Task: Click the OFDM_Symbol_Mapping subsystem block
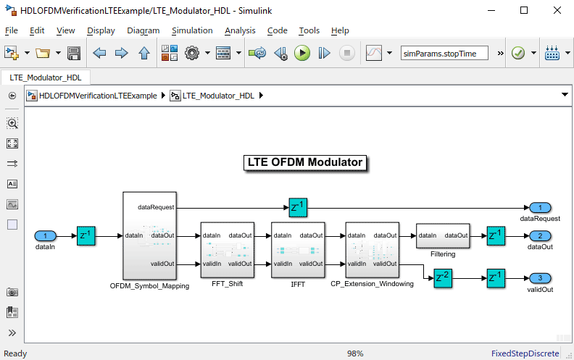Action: click(x=150, y=235)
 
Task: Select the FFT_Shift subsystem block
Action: click(x=227, y=250)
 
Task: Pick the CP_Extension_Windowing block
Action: click(x=372, y=250)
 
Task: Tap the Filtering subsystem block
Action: click(x=443, y=235)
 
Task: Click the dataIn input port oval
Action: click(x=46, y=235)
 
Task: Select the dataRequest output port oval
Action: click(x=540, y=208)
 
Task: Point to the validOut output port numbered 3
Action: click(x=540, y=278)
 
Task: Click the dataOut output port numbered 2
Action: click(x=540, y=235)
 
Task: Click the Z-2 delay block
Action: click(x=443, y=278)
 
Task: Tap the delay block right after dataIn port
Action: click(x=86, y=235)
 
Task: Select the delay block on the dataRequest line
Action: click(x=298, y=208)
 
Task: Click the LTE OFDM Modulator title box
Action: click(x=305, y=162)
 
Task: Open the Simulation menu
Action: click(x=192, y=30)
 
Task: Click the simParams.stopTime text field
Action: click(x=444, y=53)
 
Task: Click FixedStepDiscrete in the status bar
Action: click(x=525, y=353)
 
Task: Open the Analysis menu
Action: click(x=240, y=30)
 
